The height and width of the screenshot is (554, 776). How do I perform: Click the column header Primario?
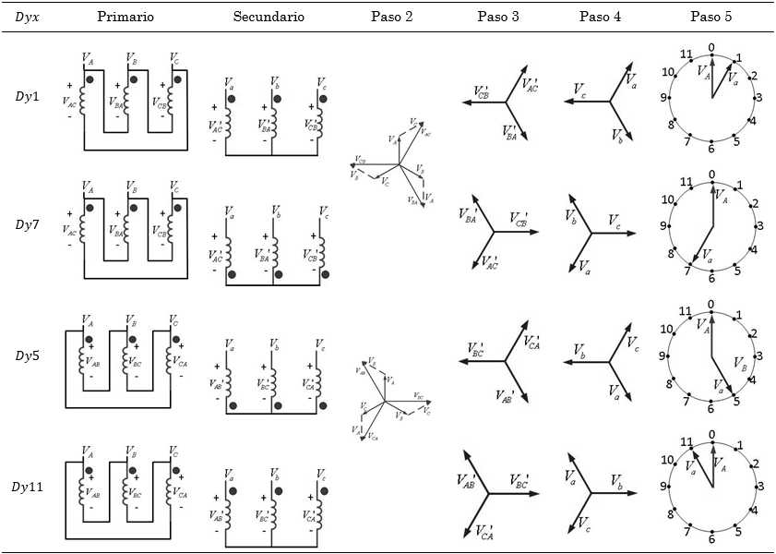pyautogui.click(x=125, y=17)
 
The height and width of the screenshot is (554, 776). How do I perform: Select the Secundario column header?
pyautogui.click(x=268, y=17)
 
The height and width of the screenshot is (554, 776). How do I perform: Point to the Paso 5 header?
pyautogui.click(x=711, y=17)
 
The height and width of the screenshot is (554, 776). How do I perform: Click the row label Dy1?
pyautogui.click(x=28, y=96)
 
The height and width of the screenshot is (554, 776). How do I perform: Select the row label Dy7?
pyautogui.click(x=28, y=225)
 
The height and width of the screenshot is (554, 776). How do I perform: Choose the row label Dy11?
pyautogui.click(x=30, y=486)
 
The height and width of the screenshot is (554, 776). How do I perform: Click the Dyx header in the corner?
pyautogui.click(x=28, y=17)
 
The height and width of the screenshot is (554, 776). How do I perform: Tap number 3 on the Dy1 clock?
pyautogui.click(x=758, y=97)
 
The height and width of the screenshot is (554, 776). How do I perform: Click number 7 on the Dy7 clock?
pyautogui.click(x=686, y=271)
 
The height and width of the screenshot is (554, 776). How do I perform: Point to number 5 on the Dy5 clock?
pyautogui.click(x=736, y=401)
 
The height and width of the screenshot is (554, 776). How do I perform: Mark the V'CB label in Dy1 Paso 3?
pyautogui.click(x=482, y=92)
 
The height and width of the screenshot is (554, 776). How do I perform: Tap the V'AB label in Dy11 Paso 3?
pyautogui.click(x=467, y=479)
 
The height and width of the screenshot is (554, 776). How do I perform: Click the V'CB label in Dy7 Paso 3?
pyautogui.click(x=519, y=222)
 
